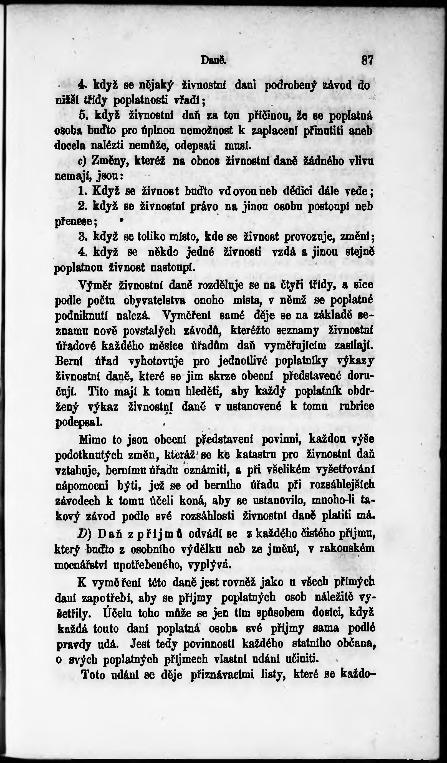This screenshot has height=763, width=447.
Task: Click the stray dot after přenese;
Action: click(x=121, y=220)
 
